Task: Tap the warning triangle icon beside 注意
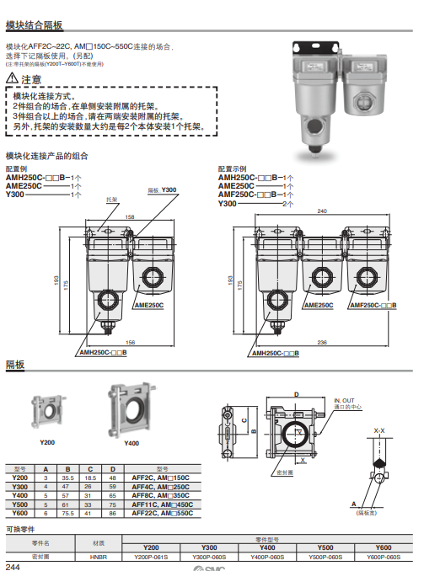pyautogui.click(x=12, y=79)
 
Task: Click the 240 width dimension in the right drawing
pyautogui.click(x=322, y=211)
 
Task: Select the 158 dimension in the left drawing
pyautogui.click(x=129, y=217)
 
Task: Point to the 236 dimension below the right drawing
pyautogui.click(x=322, y=341)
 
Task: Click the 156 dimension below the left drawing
pyautogui.click(x=129, y=341)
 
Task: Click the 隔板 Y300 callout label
pyautogui.click(x=163, y=190)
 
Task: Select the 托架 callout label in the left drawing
pyautogui.click(x=111, y=200)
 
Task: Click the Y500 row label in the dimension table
pyautogui.click(x=20, y=504)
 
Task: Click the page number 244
pyautogui.click(x=13, y=566)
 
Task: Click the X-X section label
pyautogui.click(x=378, y=430)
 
